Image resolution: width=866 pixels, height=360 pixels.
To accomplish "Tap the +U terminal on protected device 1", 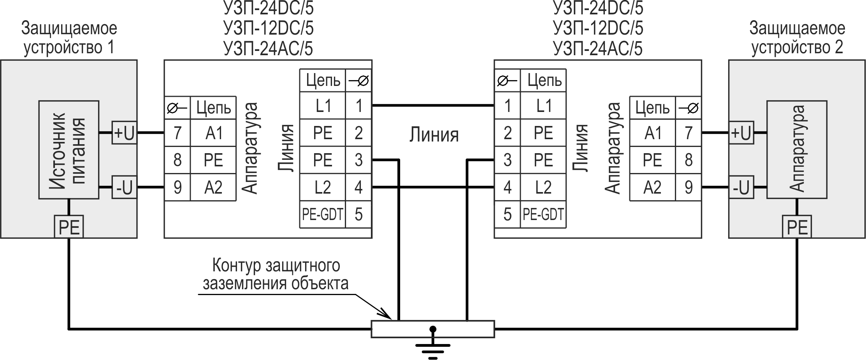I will [x=124, y=133].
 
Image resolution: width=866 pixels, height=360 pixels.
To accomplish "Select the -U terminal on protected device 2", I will [x=741, y=188].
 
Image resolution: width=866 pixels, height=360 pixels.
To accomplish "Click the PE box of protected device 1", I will [x=69, y=227].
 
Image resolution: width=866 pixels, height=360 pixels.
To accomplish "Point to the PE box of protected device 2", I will [x=797, y=227].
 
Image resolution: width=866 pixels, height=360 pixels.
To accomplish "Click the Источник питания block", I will [x=69, y=150].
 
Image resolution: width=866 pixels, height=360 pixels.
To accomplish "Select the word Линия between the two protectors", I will [x=434, y=135].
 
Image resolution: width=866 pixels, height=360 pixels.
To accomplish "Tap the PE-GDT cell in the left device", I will [x=322, y=214].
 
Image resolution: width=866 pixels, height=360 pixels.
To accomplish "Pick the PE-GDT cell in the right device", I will [x=543, y=214].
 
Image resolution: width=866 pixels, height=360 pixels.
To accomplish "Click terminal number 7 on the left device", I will [x=177, y=133].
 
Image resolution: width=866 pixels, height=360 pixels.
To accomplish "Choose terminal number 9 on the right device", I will [x=689, y=188].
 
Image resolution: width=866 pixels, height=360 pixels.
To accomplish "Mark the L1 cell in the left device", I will [x=322, y=106].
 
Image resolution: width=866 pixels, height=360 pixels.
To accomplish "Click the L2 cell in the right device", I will [x=543, y=188].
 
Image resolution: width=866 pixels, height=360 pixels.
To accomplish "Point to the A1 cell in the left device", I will [x=213, y=133].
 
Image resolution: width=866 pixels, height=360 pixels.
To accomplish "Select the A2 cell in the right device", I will [x=652, y=188].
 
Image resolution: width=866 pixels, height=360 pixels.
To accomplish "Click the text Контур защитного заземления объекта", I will [x=276, y=274].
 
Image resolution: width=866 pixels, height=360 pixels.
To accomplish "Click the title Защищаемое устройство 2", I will [x=797, y=38].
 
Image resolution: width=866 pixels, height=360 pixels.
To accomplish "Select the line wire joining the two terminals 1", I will [x=433, y=105].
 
